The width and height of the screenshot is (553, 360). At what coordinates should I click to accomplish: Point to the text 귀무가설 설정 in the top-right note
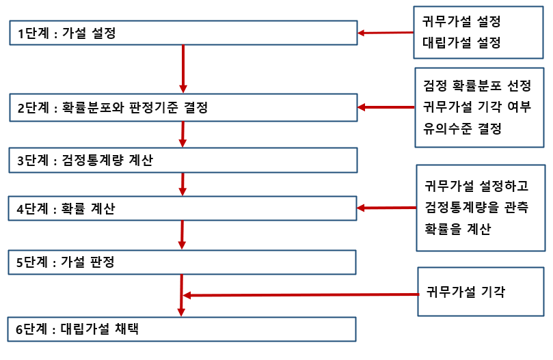point(461,21)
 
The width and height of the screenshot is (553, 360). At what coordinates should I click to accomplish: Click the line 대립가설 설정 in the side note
point(461,42)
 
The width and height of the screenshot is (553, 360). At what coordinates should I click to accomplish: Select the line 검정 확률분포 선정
point(477,87)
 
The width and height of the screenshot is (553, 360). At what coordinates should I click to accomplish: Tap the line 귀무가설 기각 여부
point(477,107)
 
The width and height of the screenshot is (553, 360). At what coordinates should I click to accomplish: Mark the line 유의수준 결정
point(463,128)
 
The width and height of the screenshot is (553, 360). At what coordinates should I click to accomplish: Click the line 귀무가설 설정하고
point(471,185)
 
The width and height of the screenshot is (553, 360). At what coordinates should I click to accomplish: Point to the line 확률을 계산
point(457,229)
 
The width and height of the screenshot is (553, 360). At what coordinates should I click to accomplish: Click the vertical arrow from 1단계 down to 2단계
point(183,68)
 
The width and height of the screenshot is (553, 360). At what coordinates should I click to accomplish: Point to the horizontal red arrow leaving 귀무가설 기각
point(301,295)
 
